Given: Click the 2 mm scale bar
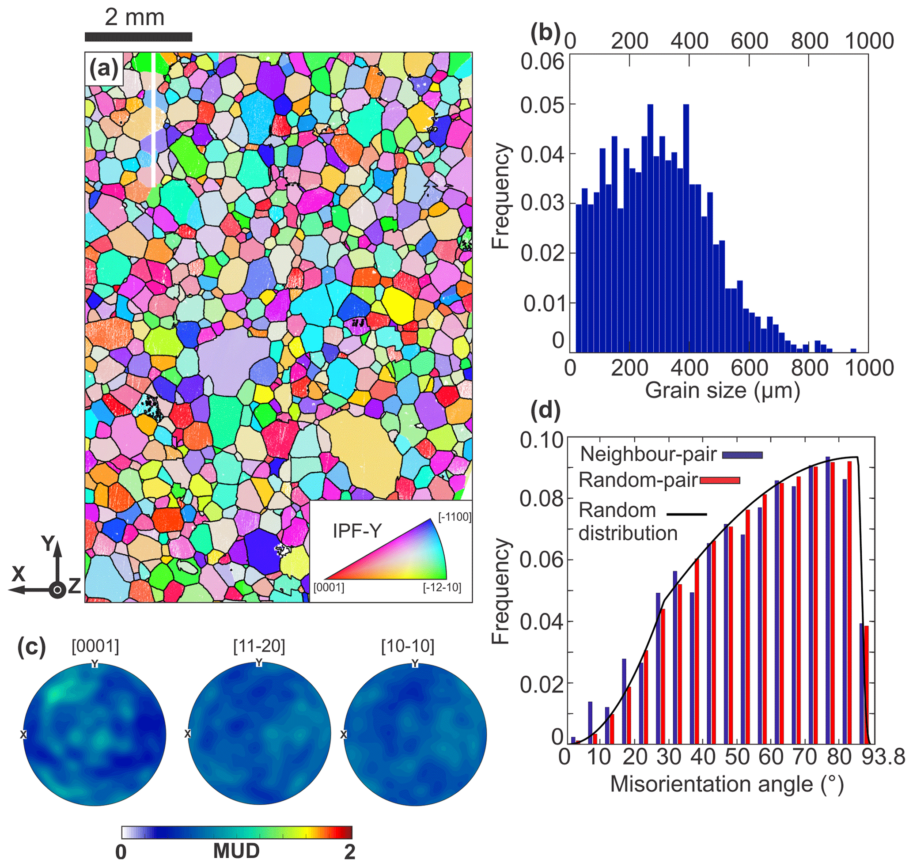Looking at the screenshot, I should (x=138, y=37).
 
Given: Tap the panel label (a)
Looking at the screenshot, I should (x=103, y=69).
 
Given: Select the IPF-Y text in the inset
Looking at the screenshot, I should (x=357, y=531).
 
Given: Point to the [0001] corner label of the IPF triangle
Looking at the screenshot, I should (x=329, y=588).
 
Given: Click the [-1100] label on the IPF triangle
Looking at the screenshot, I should (x=455, y=517).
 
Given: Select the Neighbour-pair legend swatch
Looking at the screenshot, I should (x=742, y=455).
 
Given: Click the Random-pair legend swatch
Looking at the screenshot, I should (x=720, y=481).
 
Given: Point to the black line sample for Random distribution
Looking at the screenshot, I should (x=686, y=514).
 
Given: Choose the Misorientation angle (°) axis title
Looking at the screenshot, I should (x=727, y=784).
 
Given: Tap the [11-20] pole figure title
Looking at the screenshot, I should (x=259, y=646).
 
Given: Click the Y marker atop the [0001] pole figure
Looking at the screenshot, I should (x=95, y=664).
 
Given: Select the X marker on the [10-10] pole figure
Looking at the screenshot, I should (x=344, y=734).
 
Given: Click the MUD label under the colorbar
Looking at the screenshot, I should (x=236, y=851).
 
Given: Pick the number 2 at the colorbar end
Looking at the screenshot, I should (x=349, y=852).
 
